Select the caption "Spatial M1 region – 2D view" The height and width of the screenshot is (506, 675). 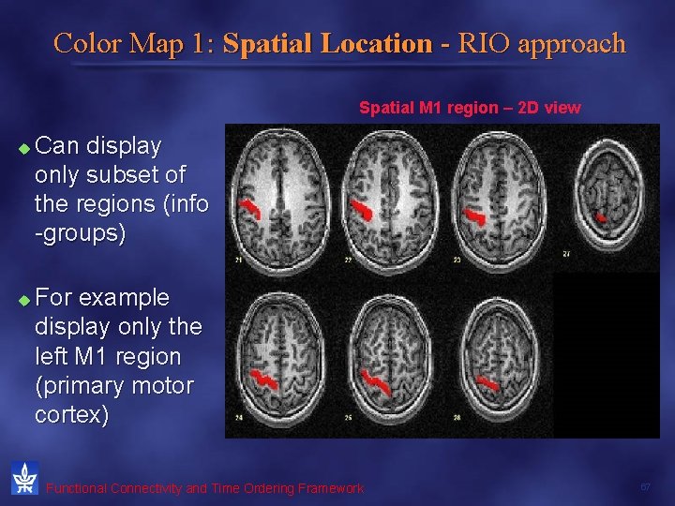pyautogui.click(x=470, y=108)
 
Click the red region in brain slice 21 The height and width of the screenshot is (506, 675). pyautogui.click(x=249, y=207)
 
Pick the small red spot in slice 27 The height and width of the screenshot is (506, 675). pyautogui.click(x=602, y=219)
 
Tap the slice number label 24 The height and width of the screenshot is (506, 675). pyautogui.click(x=241, y=417)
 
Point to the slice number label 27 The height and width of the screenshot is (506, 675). pyautogui.click(x=566, y=254)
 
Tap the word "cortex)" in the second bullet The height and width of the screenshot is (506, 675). pyautogui.click(x=71, y=415)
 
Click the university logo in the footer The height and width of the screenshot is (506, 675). pyautogui.click(x=24, y=478)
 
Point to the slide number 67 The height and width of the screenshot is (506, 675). pyautogui.click(x=645, y=487)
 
